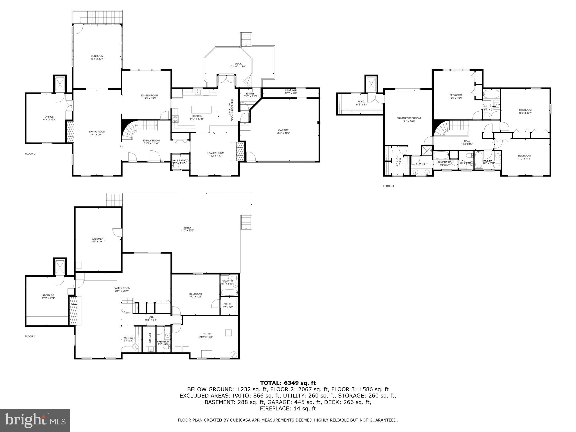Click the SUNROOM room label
(x=97, y=56)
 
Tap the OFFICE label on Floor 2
(x=49, y=117)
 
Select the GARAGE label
(x=283, y=130)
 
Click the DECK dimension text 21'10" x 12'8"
(x=238, y=67)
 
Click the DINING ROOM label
(x=149, y=96)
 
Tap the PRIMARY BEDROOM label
(x=408, y=118)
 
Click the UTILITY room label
(x=206, y=334)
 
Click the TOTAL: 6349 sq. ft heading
(x=288, y=383)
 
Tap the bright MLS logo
(x=35, y=420)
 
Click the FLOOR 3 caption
(x=388, y=186)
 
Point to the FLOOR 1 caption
(x=30, y=336)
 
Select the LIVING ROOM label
(x=97, y=132)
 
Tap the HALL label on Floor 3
(x=467, y=141)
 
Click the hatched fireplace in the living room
(x=70, y=132)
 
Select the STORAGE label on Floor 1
(x=48, y=295)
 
